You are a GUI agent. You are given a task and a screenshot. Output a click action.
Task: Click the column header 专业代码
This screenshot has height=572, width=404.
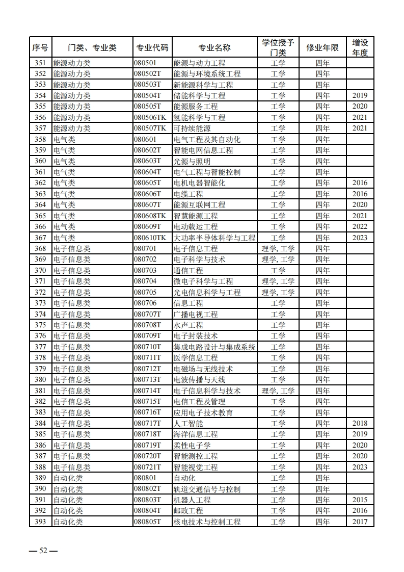click(152, 47)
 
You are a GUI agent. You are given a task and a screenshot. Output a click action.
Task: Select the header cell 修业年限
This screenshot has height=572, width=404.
click(322, 47)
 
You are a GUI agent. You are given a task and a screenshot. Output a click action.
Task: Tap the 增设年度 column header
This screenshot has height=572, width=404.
click(360, 47)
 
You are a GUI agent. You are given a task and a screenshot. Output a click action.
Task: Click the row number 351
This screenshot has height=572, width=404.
click(40, 63)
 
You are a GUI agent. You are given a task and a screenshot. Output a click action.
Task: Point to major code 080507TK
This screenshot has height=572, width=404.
click(150, 128)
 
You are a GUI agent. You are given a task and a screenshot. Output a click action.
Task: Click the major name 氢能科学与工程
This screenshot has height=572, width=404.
click(199, 117)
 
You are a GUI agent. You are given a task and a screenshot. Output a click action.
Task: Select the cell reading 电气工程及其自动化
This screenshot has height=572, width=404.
click(207, 139)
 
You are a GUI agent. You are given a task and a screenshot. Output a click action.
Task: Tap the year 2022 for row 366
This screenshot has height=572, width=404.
click(360, 227)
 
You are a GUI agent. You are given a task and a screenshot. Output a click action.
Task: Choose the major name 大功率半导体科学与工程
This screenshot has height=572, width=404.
click(214, 238)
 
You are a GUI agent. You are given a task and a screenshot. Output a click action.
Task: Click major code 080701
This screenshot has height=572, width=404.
click(145, 249)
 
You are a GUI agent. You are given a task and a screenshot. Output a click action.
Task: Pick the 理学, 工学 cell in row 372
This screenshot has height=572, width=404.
click(278, 293)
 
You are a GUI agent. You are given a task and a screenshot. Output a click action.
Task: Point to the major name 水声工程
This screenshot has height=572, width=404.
click(188, 325)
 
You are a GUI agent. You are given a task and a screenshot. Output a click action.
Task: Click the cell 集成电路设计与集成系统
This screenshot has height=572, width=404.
click(214, 347)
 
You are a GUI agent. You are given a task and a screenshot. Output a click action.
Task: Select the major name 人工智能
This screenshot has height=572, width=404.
click(188, 424)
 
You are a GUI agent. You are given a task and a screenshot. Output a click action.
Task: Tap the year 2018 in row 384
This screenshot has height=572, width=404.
click(360, 424)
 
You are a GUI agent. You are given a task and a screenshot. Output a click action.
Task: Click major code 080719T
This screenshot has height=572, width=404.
click(148, 446)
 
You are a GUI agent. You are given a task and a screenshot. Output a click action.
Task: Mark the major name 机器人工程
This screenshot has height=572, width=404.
click(192, 500)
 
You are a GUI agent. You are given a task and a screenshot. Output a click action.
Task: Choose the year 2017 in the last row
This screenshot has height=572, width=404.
click(360, 522)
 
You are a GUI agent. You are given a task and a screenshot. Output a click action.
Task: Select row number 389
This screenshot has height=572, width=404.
click(40, 478)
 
